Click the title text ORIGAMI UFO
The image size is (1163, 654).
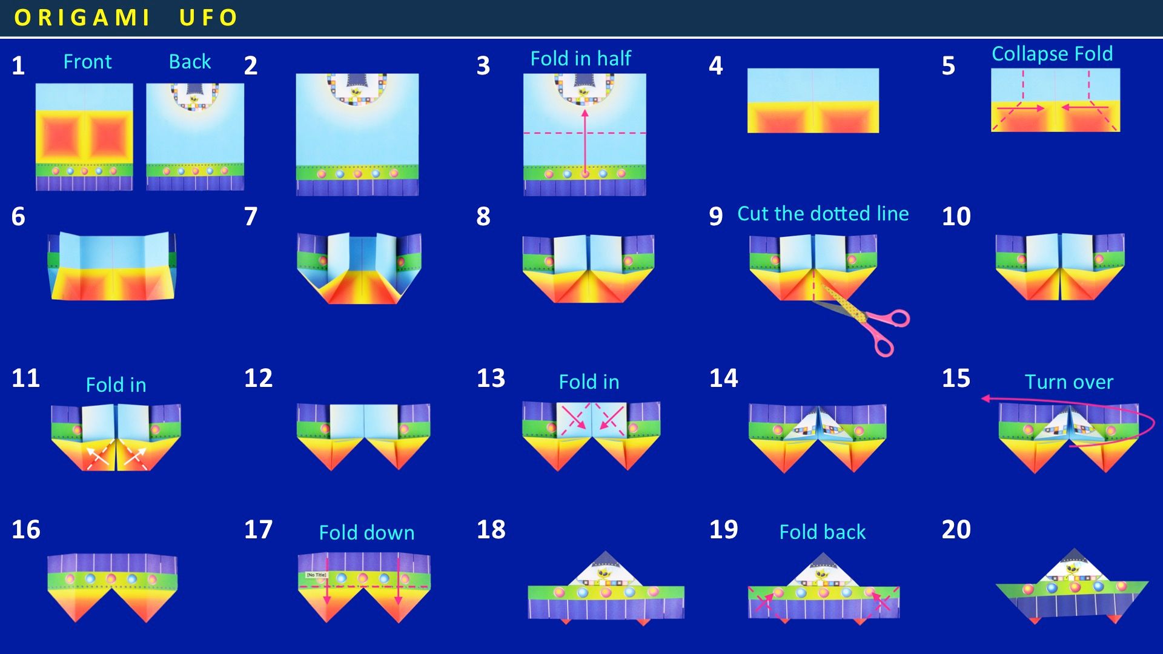pyautogui.click(x=126, y=18)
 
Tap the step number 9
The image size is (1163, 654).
pyautogui.click(x=715, y=216)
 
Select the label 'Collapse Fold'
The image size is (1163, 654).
pyautogui.click(x=1052, y=54)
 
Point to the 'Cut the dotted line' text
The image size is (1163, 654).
pyautogui.click(x=823, y=213)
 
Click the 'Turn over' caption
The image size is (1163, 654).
pyautogui.click(x=1069, y=382)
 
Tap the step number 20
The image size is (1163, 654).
pyautogui.click(x=956, y=529)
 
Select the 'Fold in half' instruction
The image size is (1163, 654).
pyautogui.click(x=580, y=59)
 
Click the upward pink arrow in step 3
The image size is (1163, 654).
pyautogui.click(x=585, y=143)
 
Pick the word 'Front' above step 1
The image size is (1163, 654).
pyautogui.click(x=87, y=62)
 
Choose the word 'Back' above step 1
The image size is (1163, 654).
pyautogui.click(x=190, y=62)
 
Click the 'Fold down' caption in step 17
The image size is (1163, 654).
pyautogui.click(x=366, y=533)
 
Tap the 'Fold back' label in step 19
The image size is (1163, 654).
pyautogui.click(x=822, y=532)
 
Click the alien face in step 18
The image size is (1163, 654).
pyautogui.click(x=604, y=572)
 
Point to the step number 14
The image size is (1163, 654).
pyautogui.click(x=723, y=378)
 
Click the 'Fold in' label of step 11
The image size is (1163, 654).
pyautogui.click(x=116, y=385)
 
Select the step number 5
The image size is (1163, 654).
pyautogui.click(x=948, y=65)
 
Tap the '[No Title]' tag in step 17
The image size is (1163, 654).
pyautogui.click(x=316, y=575)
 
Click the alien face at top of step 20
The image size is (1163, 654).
pyautogui.click(x=1074, y=569)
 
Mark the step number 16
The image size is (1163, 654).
pyautogui.click(x=26, y=529)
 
